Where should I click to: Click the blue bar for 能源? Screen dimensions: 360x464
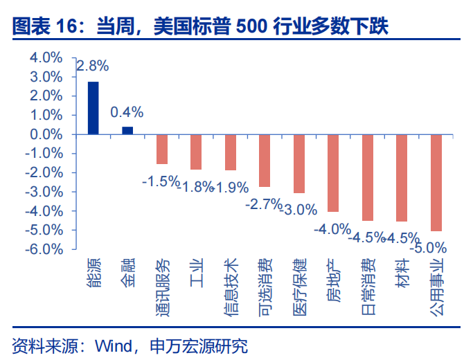click(93, 108)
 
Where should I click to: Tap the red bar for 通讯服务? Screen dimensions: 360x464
click(162, 149)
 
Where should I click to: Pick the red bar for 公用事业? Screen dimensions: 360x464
click(436, 183)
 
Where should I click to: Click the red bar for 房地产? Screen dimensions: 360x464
click(333, 173)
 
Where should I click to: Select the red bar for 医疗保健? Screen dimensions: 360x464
click(298, 163)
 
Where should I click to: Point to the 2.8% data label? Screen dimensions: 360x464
click(92, 66)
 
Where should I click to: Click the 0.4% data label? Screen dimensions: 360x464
click(127, 112)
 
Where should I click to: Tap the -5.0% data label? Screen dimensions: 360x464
click(427, 246)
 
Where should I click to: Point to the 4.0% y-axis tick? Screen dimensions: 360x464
click(46, 58)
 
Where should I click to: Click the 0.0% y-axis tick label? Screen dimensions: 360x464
click(46, 134)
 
